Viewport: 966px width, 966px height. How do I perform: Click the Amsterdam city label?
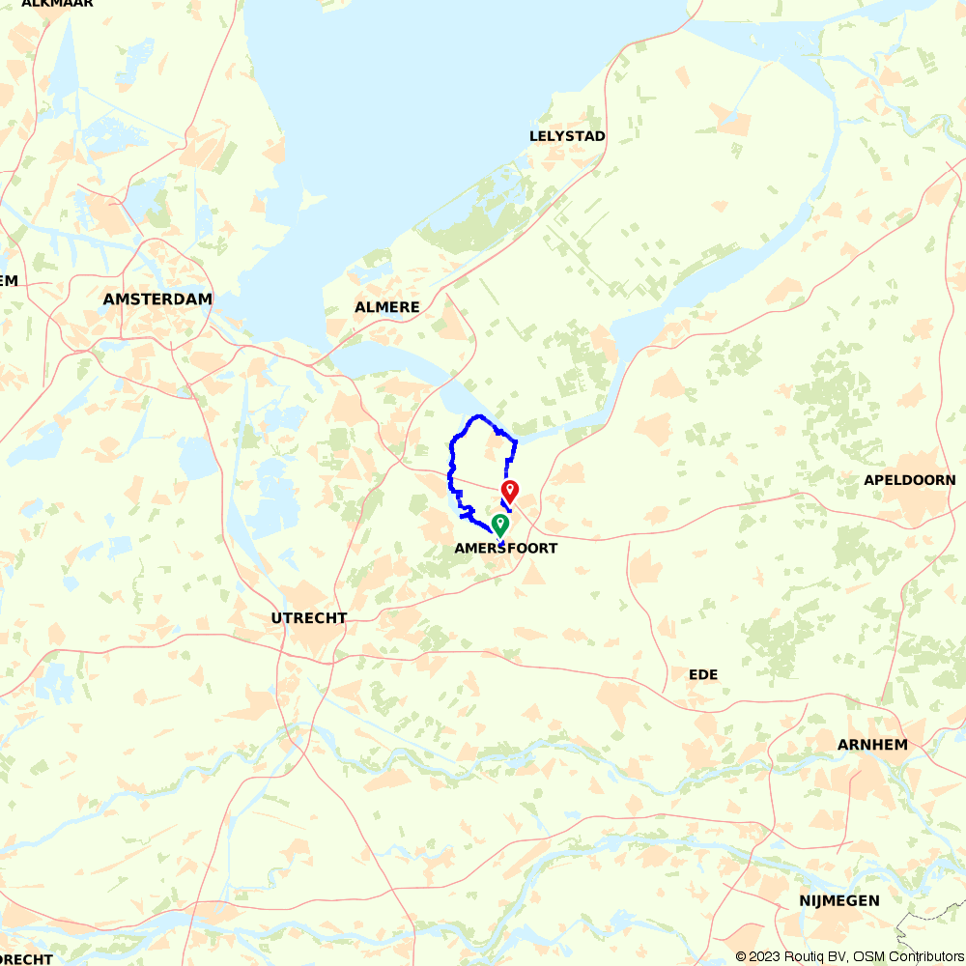pyautogui.click(x=157, y=299)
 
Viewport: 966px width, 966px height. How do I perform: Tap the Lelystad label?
pyautogui.click(x=567, y=136)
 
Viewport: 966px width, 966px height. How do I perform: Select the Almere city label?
pyautogui.click(x=387, y=307)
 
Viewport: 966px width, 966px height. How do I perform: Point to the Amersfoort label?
pyautogui.click(x=506, y=548)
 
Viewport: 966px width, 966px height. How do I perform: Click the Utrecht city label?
pyautogui.click(x=309, y=618)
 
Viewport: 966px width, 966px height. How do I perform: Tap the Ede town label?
pyautogui.click(x=703, y=674)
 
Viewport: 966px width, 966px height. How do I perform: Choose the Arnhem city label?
pyautogui.click(x=872, y=744)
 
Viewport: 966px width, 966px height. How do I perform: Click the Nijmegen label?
pyautogui.click(x=839, y=900)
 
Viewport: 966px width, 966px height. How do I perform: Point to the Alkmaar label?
pyautogui.click(x=57, y=4)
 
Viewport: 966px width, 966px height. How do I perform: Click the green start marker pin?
pyautogui.click(x=500, y=524)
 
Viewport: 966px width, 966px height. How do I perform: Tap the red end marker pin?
pyautogui.click(x=509, y=491)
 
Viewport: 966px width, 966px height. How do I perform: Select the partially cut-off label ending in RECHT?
pyautogui.click(x=26, y=959)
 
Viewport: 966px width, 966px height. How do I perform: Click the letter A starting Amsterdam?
pyautogui.click(x=109, y=299)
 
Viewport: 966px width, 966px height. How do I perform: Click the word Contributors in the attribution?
pyautogui.click(x=919, y=956)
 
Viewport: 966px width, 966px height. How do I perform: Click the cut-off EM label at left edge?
pyautogui.click(x=9, y=280)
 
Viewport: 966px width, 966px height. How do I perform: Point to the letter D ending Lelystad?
pyautogui.click(x=600, y=136)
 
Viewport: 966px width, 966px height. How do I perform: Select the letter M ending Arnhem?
pyautogui.click(x=901, y=744)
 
